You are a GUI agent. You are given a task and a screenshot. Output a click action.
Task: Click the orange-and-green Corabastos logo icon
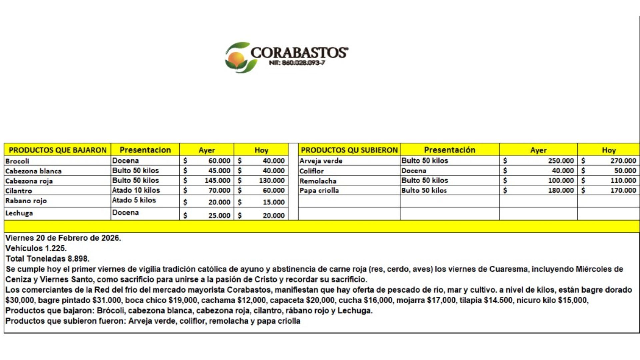click(x=237, y=57)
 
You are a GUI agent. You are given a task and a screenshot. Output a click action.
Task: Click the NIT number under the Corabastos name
click(x=297, y=63)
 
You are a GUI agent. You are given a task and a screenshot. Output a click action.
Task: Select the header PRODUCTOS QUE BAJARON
click(x=57, y=150)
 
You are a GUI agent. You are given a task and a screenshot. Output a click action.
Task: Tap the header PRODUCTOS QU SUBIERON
click(x=349, y=150)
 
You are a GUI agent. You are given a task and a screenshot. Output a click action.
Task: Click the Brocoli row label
click(x=17, y=161)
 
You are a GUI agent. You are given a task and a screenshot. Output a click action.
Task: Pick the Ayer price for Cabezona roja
click(x=217, y=181)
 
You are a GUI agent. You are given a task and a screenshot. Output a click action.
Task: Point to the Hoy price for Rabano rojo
click(x=273, y=202)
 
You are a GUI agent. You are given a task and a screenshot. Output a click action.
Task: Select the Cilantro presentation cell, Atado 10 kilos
click(x=136, y=190)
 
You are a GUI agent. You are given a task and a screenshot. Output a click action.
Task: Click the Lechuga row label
click(x=19, y=213)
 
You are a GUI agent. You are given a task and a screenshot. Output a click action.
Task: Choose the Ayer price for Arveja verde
click(x=561, y=161)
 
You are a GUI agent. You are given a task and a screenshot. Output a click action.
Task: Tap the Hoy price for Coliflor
click(x=625, y=171)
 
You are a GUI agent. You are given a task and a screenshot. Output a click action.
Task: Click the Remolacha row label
click(x=318, y=181)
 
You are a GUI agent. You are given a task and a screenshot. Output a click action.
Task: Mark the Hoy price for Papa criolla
click(x=623, y=190)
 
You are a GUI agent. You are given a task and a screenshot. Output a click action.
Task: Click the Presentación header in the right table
click(x=449, y=150)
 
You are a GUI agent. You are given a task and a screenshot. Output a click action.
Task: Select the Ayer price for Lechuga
click(x=219, y=216)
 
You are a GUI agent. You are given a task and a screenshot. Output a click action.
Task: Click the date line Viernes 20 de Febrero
click(x=63, y=238)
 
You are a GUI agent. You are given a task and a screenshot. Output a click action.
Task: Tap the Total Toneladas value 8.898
click(x=78, y=259)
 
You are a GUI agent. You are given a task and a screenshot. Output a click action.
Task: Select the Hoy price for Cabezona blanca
click(x=273, y=171)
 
